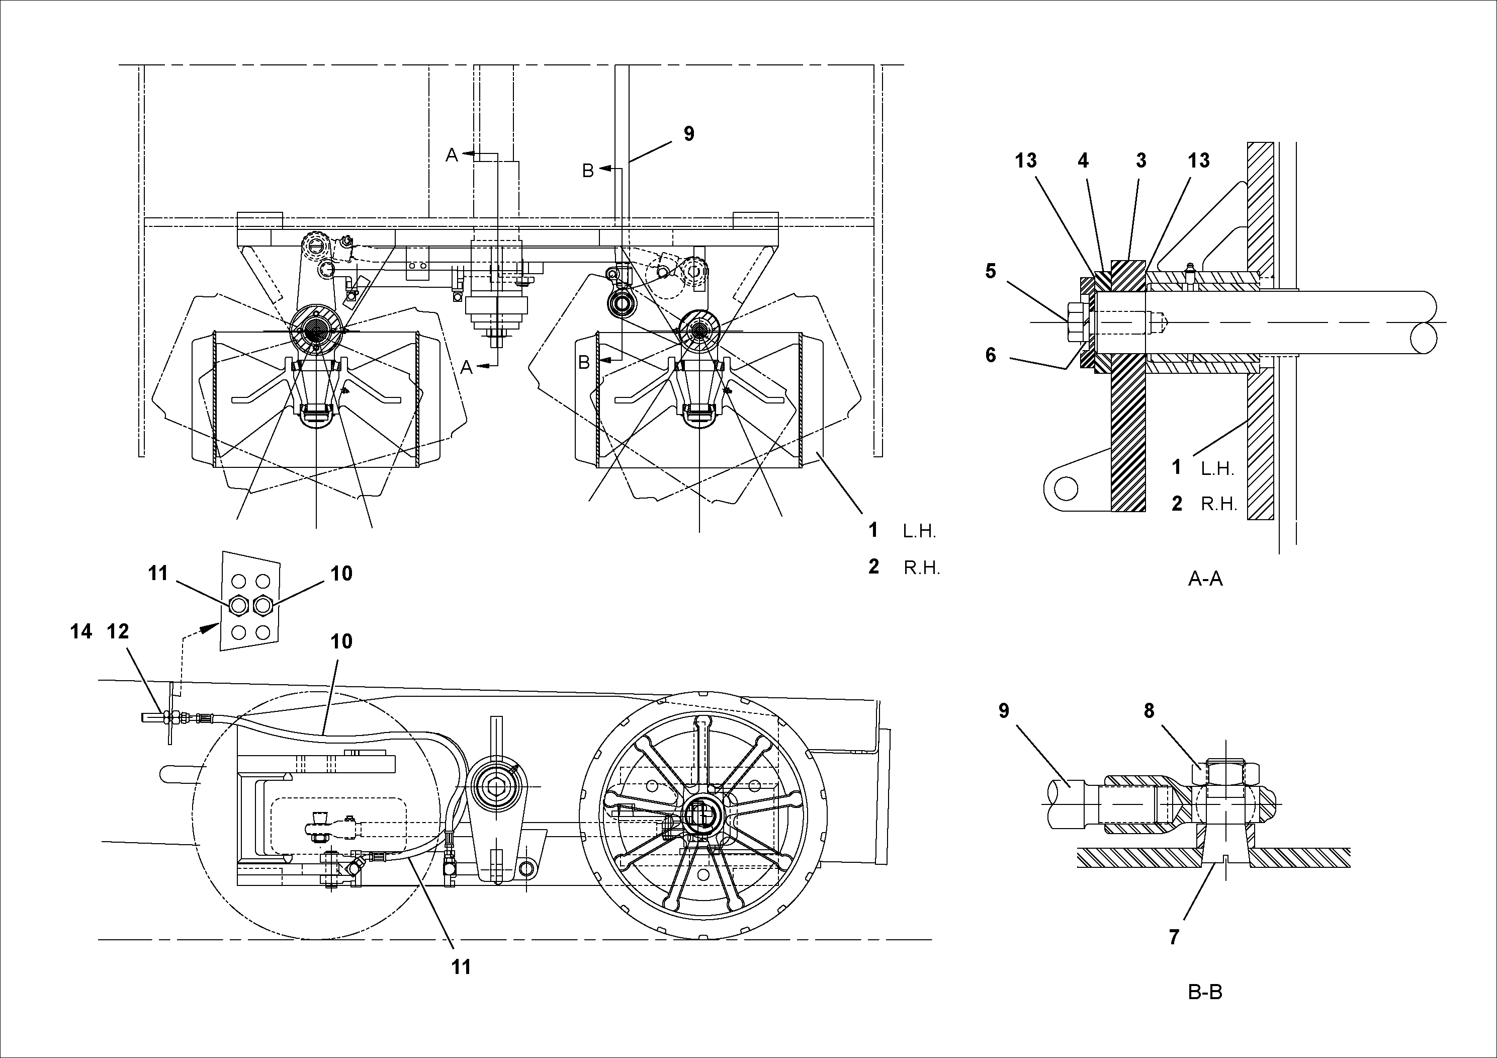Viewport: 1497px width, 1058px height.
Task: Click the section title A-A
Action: click(1205, 579)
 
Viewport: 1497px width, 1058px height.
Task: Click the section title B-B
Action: click(1205, 992)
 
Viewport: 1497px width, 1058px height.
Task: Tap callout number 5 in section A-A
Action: click(991, 271)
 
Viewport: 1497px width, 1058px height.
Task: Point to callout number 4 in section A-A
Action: click(1083, 160)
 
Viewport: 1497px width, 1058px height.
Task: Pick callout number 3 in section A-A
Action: click(1140, 160)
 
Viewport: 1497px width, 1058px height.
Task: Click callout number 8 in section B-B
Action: click(1149, 710)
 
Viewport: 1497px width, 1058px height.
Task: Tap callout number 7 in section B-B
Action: click(1174, 937)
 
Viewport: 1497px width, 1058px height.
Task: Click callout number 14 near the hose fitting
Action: click(81, 631)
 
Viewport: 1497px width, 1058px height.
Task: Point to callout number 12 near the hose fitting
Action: click(118, 631)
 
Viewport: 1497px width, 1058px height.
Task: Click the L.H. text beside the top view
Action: click(919, 532)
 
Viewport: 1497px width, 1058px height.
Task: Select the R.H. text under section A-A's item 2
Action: click(1218, 504)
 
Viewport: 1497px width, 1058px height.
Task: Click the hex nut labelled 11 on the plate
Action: click(239, 606)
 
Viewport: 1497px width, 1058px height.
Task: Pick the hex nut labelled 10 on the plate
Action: click(263, 606)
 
